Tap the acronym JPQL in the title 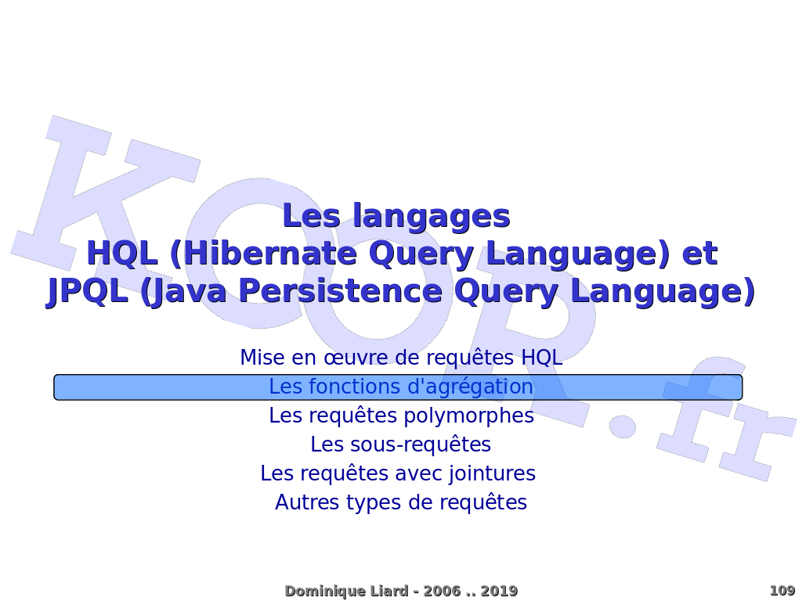click(x=87, y=292)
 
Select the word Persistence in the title click(x=340, y=291)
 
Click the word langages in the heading click(x=432, y=217)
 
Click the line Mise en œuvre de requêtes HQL click(x=401, y=357)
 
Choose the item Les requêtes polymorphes click(x=402, y=416)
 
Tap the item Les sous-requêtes click(x=401, y=444)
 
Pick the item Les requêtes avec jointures click(x=398, y=473)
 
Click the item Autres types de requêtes click(x=401, y=503)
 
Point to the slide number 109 click(x=782, y=591)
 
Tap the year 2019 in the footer click(x=499, y=592)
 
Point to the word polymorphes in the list click(x=469, y=416)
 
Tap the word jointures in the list click(x=492, y=473)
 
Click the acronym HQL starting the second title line click(x=121, y=254)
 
